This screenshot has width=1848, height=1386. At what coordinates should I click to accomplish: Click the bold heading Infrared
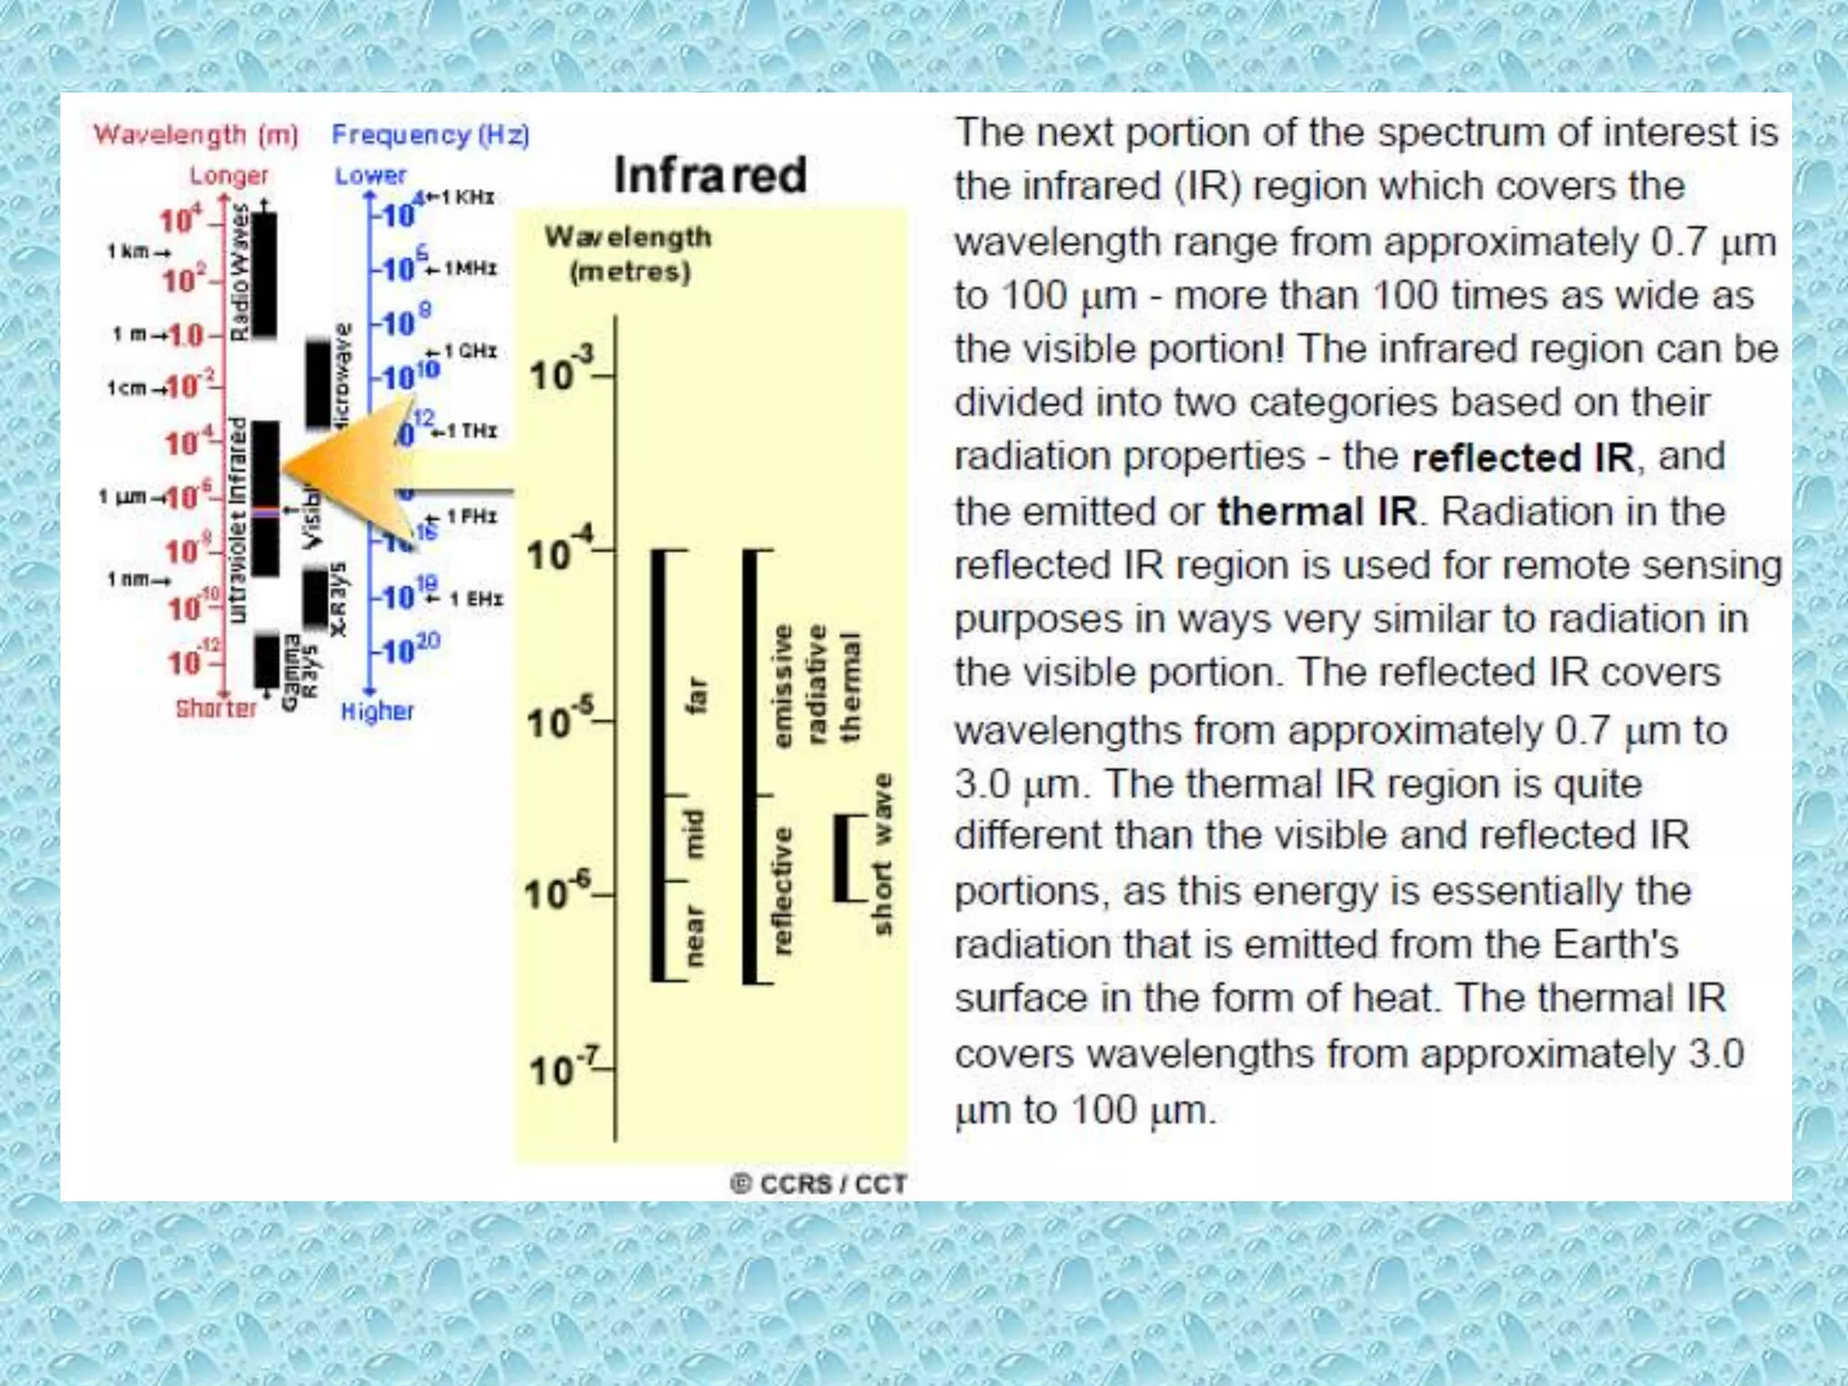point(710,175)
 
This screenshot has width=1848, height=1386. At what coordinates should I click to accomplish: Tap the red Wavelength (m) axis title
point(196,135)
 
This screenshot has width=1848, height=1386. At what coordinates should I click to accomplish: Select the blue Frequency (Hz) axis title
point(430,135)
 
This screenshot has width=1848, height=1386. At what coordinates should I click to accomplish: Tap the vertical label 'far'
point(696,695)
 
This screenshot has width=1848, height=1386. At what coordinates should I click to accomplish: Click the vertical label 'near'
point(693,935)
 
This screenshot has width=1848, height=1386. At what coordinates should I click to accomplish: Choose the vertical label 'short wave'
point(882,854)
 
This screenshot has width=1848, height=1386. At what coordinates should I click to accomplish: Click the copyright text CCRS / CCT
point(818,1184)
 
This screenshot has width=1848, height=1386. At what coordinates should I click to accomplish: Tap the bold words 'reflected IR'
point(1522,457)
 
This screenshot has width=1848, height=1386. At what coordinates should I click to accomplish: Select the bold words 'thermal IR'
point(1317,512)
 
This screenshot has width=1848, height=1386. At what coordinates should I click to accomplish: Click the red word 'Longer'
point(228,176)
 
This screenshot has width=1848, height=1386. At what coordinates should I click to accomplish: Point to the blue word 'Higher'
point(377,711)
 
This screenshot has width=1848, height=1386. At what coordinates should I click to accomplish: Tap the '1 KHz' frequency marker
point(462,197)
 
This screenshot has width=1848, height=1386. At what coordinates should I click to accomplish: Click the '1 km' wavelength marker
point(135,252)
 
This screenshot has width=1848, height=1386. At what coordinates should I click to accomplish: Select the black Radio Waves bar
point(264,275)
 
